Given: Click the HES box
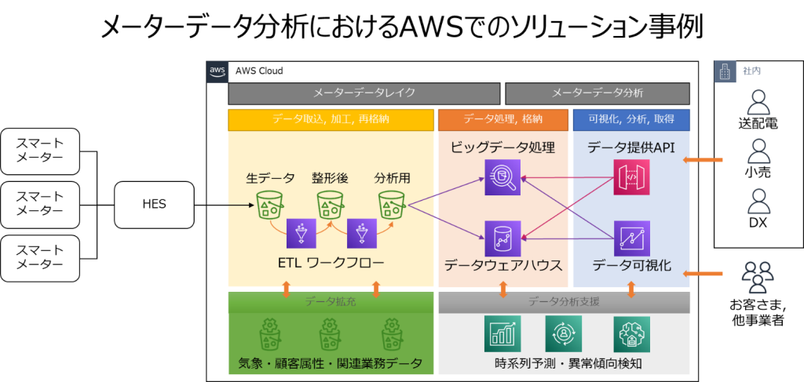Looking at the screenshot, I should [154, 206].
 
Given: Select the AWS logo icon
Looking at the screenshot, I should [217, 71].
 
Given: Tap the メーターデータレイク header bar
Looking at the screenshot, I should [364, 93].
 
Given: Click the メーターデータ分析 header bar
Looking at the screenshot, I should [597, 93].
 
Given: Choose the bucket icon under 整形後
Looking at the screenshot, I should [331, 206].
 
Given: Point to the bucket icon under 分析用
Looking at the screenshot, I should [391, 206].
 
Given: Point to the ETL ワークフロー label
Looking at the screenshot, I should [331, 263].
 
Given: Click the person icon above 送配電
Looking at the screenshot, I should [757, 102].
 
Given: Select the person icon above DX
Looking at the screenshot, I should [757, 201].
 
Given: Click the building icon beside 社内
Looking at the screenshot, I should [725, 71].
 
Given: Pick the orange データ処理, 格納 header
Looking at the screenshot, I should [502, 119].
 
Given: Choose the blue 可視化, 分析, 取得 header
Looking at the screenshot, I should [631, 119].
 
